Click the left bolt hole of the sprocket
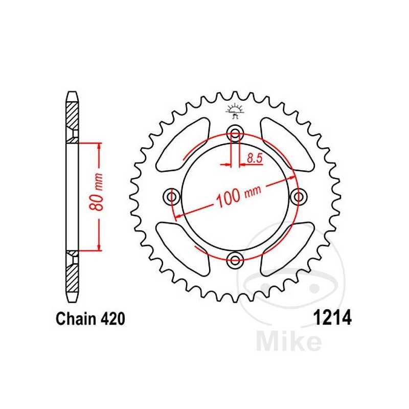pos(172,197)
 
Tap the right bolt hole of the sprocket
pos(299,197)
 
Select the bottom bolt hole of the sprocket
pos(235,260)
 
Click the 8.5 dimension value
pos(254,158)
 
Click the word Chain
pos(75,320)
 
